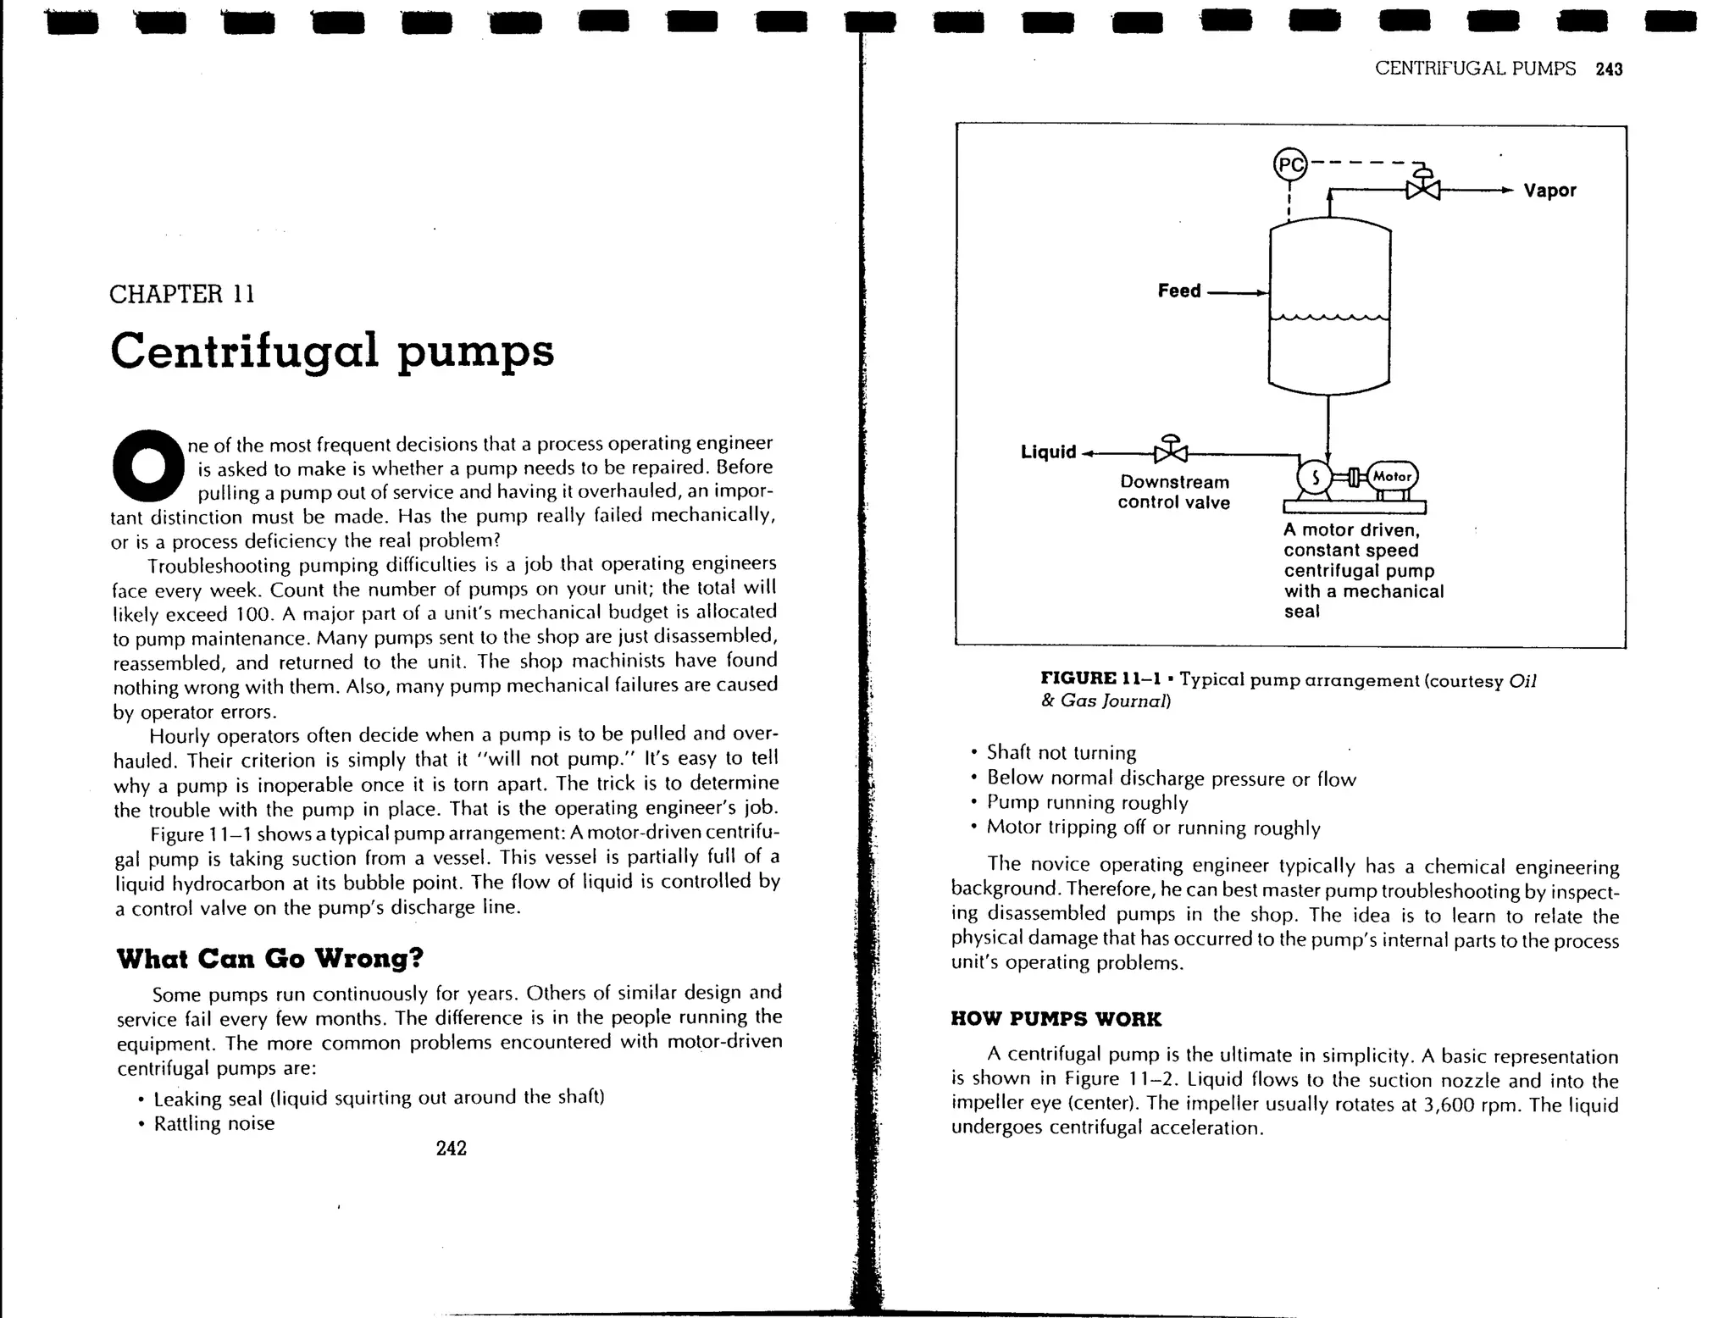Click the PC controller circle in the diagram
[x=1290, y=164]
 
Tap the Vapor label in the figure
[x=1549, y=191]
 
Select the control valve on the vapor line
[x=1423, y=188]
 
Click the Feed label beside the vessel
[x=1178, y=291]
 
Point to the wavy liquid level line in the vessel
[x=1329, y=318]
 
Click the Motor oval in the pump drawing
[x=1392, y=476]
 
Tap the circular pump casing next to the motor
[x=1315, y=477]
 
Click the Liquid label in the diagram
[x=1048, y=452]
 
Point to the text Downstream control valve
[x=1173, y=492]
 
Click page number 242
[x=451, y=1149]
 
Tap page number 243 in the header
[x=1608, y=69]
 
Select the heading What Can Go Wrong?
[x=269, y=959]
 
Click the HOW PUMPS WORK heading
[x=1056, y=1019]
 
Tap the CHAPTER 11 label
[x=181, y=295]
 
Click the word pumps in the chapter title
[x=475, y=352]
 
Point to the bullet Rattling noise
[x=213, y=1124]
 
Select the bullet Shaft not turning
[x=1061, y=753]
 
